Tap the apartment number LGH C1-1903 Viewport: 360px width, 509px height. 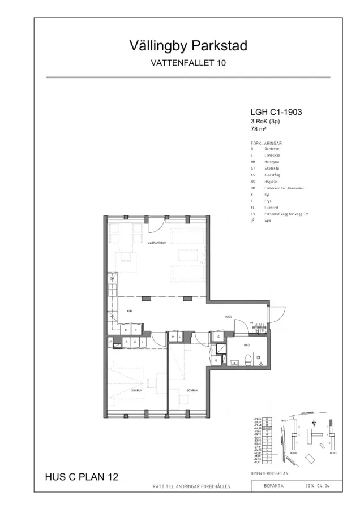pos(276,112)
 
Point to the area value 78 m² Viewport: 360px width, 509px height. pos(258,128)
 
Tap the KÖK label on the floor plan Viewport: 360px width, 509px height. pos(129,311)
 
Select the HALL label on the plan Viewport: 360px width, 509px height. pos(229,317)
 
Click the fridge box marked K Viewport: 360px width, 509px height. pos(126,329)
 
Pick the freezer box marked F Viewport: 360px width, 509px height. pos(136,329)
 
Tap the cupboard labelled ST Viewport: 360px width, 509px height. pos(173,337)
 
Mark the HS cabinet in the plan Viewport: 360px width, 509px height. pos(109,342)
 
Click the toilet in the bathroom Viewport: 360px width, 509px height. pos(247,357)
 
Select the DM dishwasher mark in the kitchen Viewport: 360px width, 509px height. pos(112,279)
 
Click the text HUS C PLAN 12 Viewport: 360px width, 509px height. pos(82,477)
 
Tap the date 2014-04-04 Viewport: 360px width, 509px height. pos(318,486)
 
